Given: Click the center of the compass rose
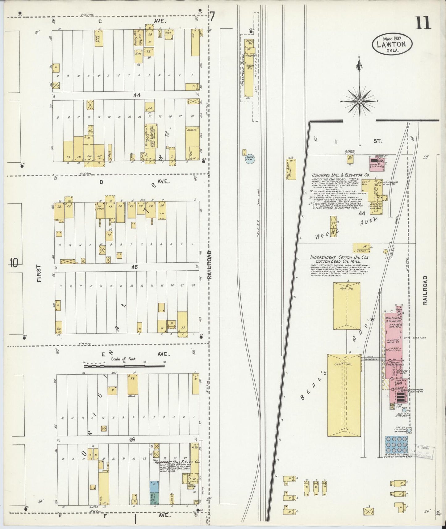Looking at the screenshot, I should [360, 101].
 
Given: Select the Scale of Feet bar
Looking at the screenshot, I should [125, 366].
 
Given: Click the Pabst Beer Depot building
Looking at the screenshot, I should [291, 169].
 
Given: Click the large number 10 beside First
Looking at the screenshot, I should [14, 263].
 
